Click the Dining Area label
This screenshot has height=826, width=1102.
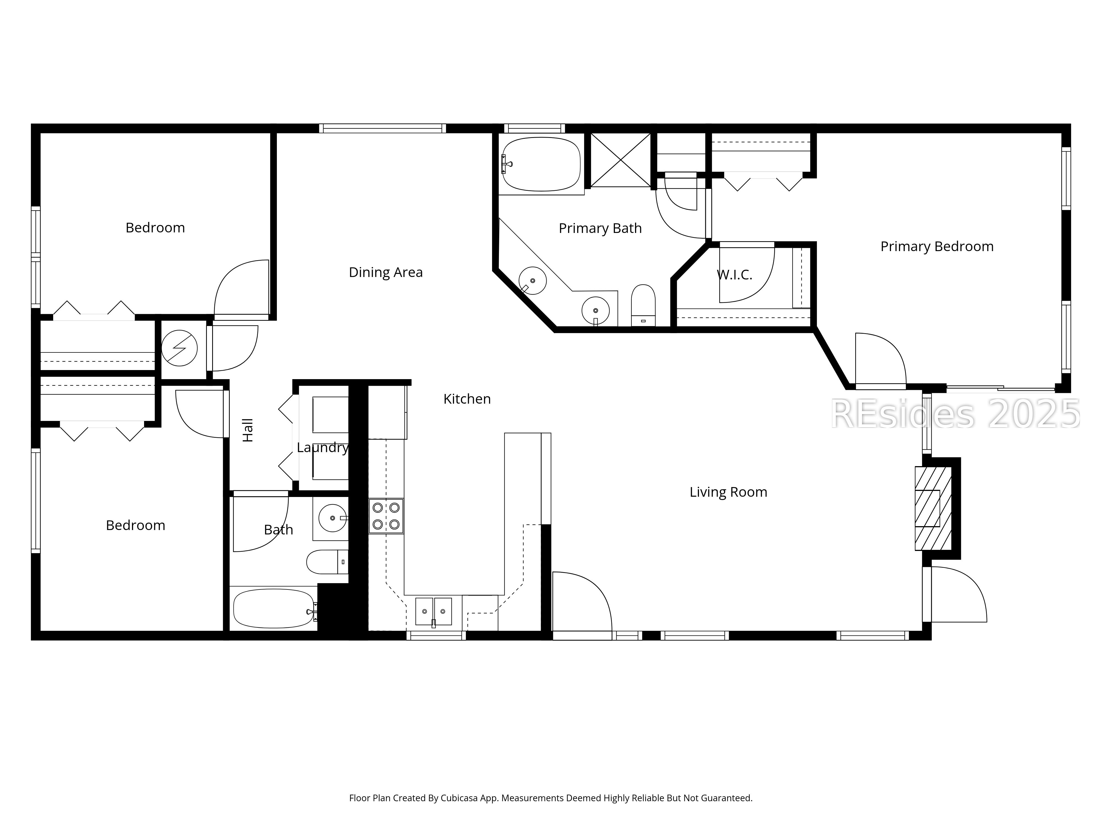click(x=386, y=272)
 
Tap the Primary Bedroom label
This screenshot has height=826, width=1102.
click(x=937, y=246)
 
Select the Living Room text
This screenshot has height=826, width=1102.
click(x=728, y=492)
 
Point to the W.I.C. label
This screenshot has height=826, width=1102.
click(x=734, y=275)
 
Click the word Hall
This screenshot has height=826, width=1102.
click(x=248, y=430)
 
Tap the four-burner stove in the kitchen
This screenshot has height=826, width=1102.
click(x=386, y=516)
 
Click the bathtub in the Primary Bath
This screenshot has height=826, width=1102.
click(x=541, y=164)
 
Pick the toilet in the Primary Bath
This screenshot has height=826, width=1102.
click(x=643, y=305)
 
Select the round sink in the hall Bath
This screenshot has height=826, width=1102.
click(x=332, y=518)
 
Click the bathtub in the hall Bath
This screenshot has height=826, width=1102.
click(x=273, y=608)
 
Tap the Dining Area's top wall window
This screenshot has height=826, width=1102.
click(x=382, y=129)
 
